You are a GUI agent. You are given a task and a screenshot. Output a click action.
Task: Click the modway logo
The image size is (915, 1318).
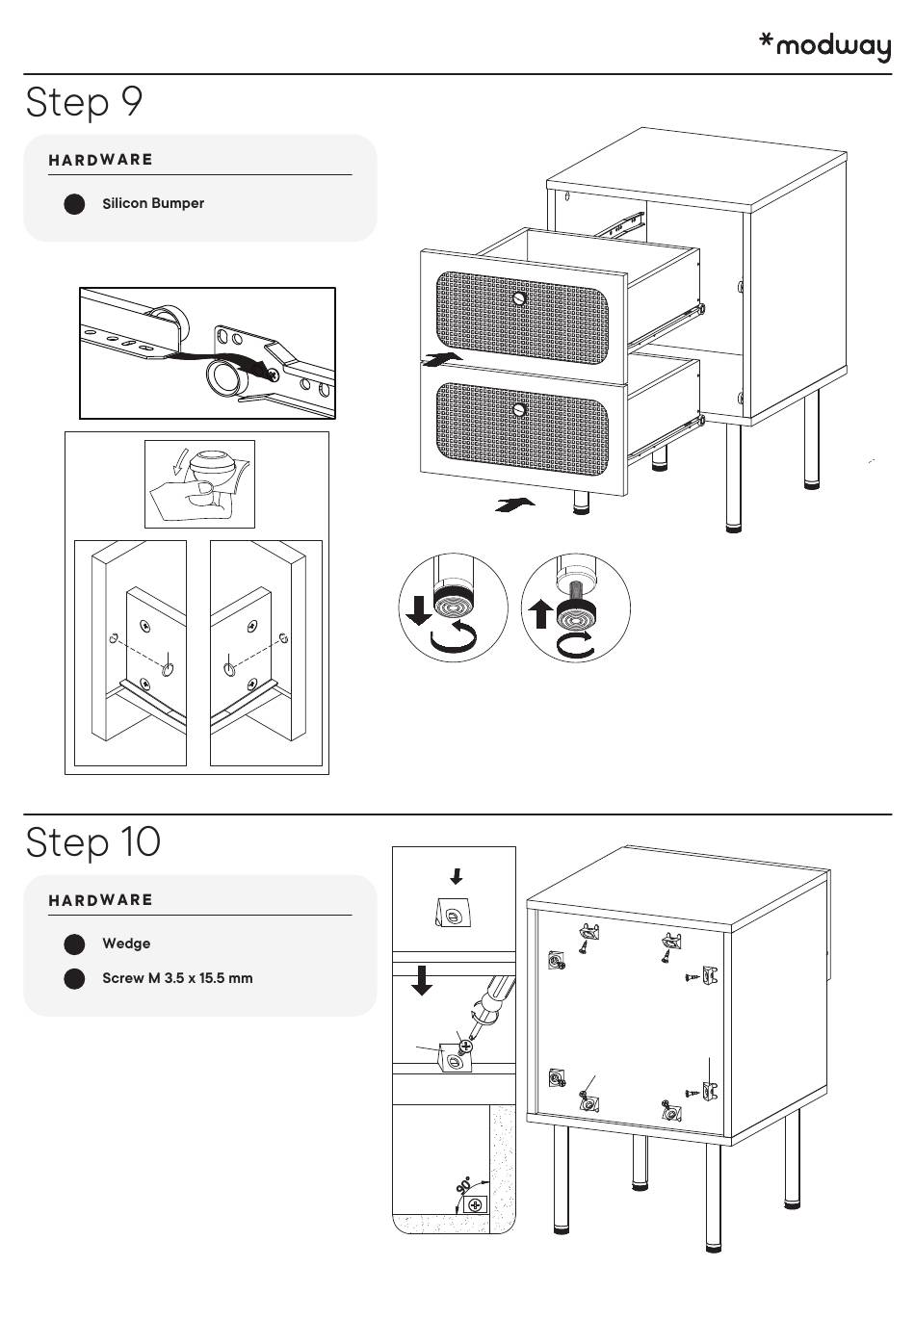tap(825, 45)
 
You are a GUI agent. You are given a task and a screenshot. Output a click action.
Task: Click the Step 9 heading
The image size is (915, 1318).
tap(85, 102)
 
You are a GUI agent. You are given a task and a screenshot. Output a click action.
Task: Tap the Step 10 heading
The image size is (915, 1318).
tap(93, 841)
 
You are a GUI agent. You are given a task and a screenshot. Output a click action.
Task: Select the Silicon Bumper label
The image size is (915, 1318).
tap(153, 203)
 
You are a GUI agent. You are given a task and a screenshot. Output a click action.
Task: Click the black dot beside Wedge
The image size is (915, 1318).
tap(74, 943)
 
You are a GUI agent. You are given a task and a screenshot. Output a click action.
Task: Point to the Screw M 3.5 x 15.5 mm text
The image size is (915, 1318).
tap(177, 978)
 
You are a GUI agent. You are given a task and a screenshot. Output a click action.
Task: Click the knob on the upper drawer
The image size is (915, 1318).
tap(520, 298)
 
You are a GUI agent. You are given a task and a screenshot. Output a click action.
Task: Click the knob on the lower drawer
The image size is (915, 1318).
tap(520, 410)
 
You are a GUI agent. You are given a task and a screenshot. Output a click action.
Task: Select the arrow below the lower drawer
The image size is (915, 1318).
tap(514, 504)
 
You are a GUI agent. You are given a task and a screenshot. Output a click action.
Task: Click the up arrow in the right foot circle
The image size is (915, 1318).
tap(541, 612)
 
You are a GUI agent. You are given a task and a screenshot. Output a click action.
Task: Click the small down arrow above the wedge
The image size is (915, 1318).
tap(457, 876)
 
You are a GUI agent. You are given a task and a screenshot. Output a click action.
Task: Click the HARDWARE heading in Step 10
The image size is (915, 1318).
tap(101, 900)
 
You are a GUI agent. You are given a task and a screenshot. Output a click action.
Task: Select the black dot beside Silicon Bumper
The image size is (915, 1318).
tap(74, 204)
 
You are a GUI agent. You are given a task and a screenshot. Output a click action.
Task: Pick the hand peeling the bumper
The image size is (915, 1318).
tap(189, 497)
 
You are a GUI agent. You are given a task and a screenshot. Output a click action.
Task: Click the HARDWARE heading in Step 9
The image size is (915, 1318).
tap(101, 160)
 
